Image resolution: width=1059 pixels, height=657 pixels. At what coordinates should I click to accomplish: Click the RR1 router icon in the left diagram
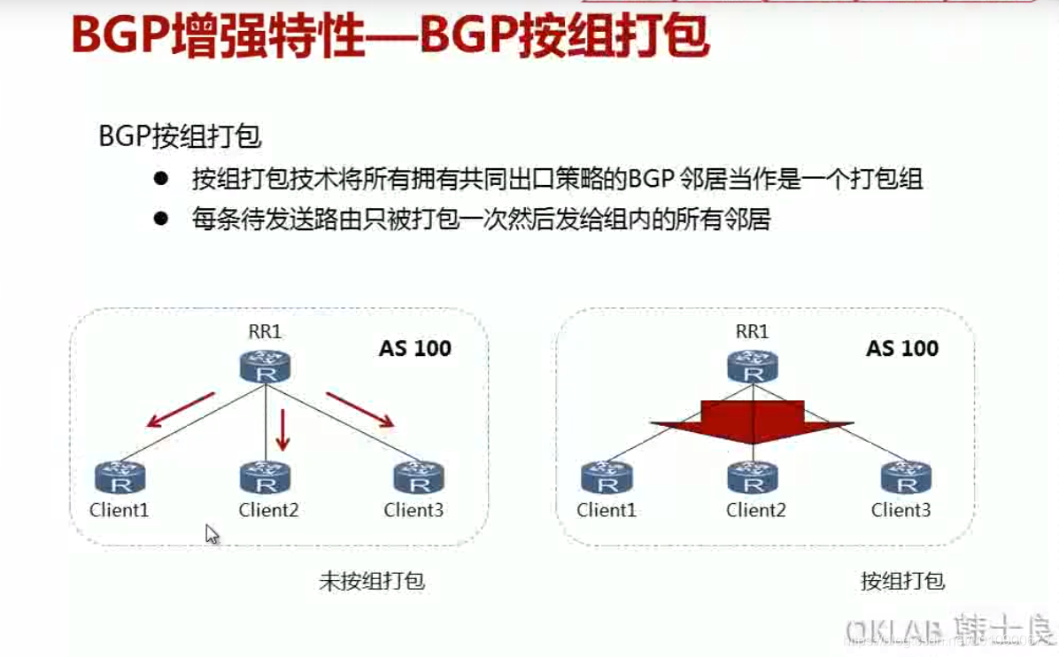(266, 367)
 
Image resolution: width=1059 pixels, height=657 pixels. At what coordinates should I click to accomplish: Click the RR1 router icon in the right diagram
(753, 367)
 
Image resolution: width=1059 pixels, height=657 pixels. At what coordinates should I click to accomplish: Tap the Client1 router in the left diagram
(120, 478)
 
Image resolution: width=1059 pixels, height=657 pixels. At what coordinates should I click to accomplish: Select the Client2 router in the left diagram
(266, 478)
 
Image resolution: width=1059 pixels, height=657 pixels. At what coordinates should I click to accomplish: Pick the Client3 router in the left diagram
(419, 478)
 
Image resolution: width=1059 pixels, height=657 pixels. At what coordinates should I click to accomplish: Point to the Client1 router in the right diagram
(607, 478)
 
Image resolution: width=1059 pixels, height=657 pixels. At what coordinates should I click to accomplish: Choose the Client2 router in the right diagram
(753, 478)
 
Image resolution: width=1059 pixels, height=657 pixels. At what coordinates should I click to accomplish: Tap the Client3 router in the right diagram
(906, 478)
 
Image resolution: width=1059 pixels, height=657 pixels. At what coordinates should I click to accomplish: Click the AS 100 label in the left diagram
(415, 348)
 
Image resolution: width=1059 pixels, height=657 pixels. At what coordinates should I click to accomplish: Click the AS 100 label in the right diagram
(902, 348)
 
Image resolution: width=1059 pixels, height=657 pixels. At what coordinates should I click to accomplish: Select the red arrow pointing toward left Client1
(181, 409)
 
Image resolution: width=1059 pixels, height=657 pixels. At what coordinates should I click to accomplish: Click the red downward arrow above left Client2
(283, 429)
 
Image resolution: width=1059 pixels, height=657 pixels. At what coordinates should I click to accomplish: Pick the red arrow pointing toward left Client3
(359, 409)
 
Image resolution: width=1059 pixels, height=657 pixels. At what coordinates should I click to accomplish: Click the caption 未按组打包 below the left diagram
(372, 582)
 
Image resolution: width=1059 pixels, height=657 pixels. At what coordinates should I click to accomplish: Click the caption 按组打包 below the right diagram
(902, 582)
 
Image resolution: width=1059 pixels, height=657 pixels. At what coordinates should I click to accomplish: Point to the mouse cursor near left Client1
(212, 534)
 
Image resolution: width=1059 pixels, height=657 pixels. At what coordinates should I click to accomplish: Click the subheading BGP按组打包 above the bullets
(180, 137)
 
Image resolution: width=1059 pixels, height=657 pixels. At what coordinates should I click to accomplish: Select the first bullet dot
(160, 179)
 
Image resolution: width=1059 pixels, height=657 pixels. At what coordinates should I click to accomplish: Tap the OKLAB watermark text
(894, 630)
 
